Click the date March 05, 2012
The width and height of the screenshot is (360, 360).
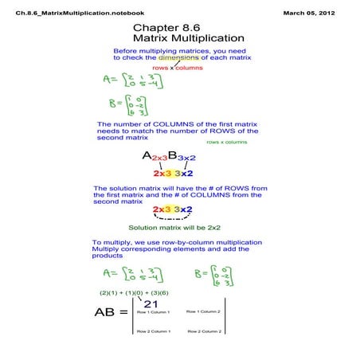[317, 14]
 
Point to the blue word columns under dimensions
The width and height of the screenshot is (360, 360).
[189, 68]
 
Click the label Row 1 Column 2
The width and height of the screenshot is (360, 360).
[202, 311]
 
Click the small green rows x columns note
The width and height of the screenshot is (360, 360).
[227, 142]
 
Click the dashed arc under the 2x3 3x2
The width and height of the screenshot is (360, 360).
[171, 217]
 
